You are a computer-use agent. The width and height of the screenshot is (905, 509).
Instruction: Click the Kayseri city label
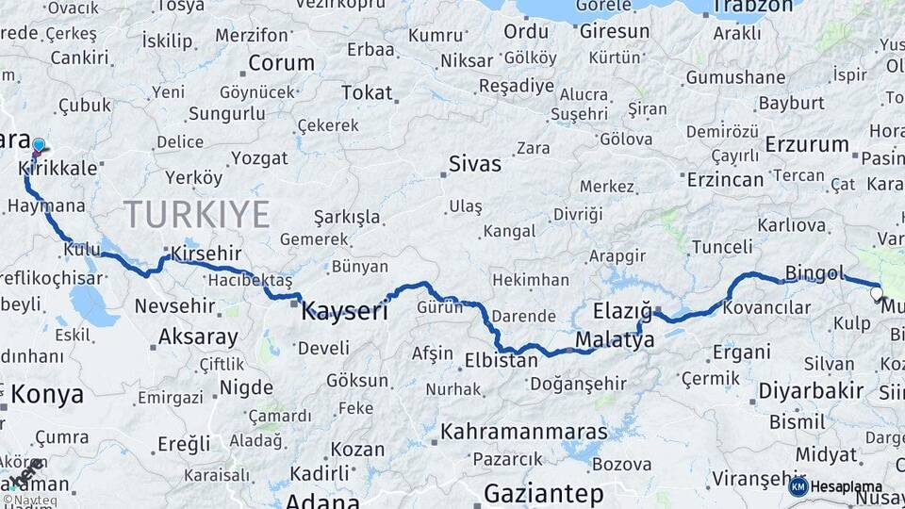tap(344, 311)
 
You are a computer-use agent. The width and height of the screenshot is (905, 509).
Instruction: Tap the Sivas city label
tap(474, 163)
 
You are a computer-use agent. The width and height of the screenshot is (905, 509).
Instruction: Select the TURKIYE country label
tap(196, 214)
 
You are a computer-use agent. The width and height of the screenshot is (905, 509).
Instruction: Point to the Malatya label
tap(614, 339)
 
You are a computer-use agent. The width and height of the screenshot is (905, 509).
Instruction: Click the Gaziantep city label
tap(543, 493)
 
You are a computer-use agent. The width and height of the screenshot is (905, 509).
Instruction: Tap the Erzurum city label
tap(807, 144)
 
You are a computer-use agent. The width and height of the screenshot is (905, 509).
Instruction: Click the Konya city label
tap(46, 393)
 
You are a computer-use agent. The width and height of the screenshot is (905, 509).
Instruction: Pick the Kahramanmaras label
tap(524, 432)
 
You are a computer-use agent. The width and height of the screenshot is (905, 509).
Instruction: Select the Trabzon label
tap(751, 8)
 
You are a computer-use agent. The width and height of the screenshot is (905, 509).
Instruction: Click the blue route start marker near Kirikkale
tap(39, 145)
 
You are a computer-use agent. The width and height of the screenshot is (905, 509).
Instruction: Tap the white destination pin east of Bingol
tap(877, 294)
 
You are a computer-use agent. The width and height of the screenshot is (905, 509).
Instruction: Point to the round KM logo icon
tap(798, 486)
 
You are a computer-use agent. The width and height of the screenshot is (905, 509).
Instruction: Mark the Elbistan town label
tap(501, 359)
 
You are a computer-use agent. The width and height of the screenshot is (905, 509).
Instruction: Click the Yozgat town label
tap(259, 157)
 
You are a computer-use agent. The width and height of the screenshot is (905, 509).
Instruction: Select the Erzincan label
tap(725, 178)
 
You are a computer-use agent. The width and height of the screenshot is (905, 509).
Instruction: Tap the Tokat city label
tap(367, 92)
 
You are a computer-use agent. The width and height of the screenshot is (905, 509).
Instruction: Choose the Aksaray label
tap(198, 336)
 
